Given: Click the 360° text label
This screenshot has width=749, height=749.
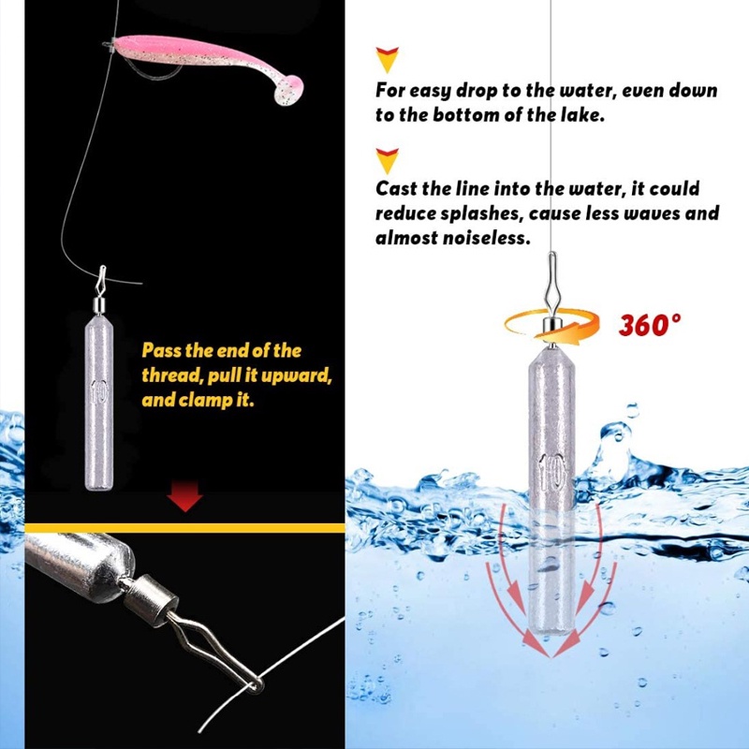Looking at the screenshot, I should click(x=649, y=325).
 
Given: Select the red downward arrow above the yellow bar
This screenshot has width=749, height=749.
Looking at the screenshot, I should click(x=187, y=497).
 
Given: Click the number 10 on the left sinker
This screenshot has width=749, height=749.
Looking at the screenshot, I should click(x=97, y=391).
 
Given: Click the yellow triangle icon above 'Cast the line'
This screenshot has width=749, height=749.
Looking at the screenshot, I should click(x=386, y=158).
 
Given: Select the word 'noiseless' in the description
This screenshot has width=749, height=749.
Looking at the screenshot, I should click(x=486, y=238).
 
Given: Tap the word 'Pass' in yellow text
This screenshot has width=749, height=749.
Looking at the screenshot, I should click(x=161, y=351).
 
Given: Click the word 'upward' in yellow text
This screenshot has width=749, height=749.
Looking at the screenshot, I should click(x=303, y=375).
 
